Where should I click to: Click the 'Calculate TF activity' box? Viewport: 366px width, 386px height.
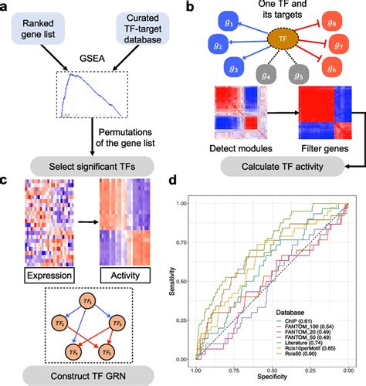(276, 168)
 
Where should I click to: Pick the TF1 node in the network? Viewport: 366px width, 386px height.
(90, 300)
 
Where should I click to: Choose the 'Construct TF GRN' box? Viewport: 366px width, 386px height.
(90, 375)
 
